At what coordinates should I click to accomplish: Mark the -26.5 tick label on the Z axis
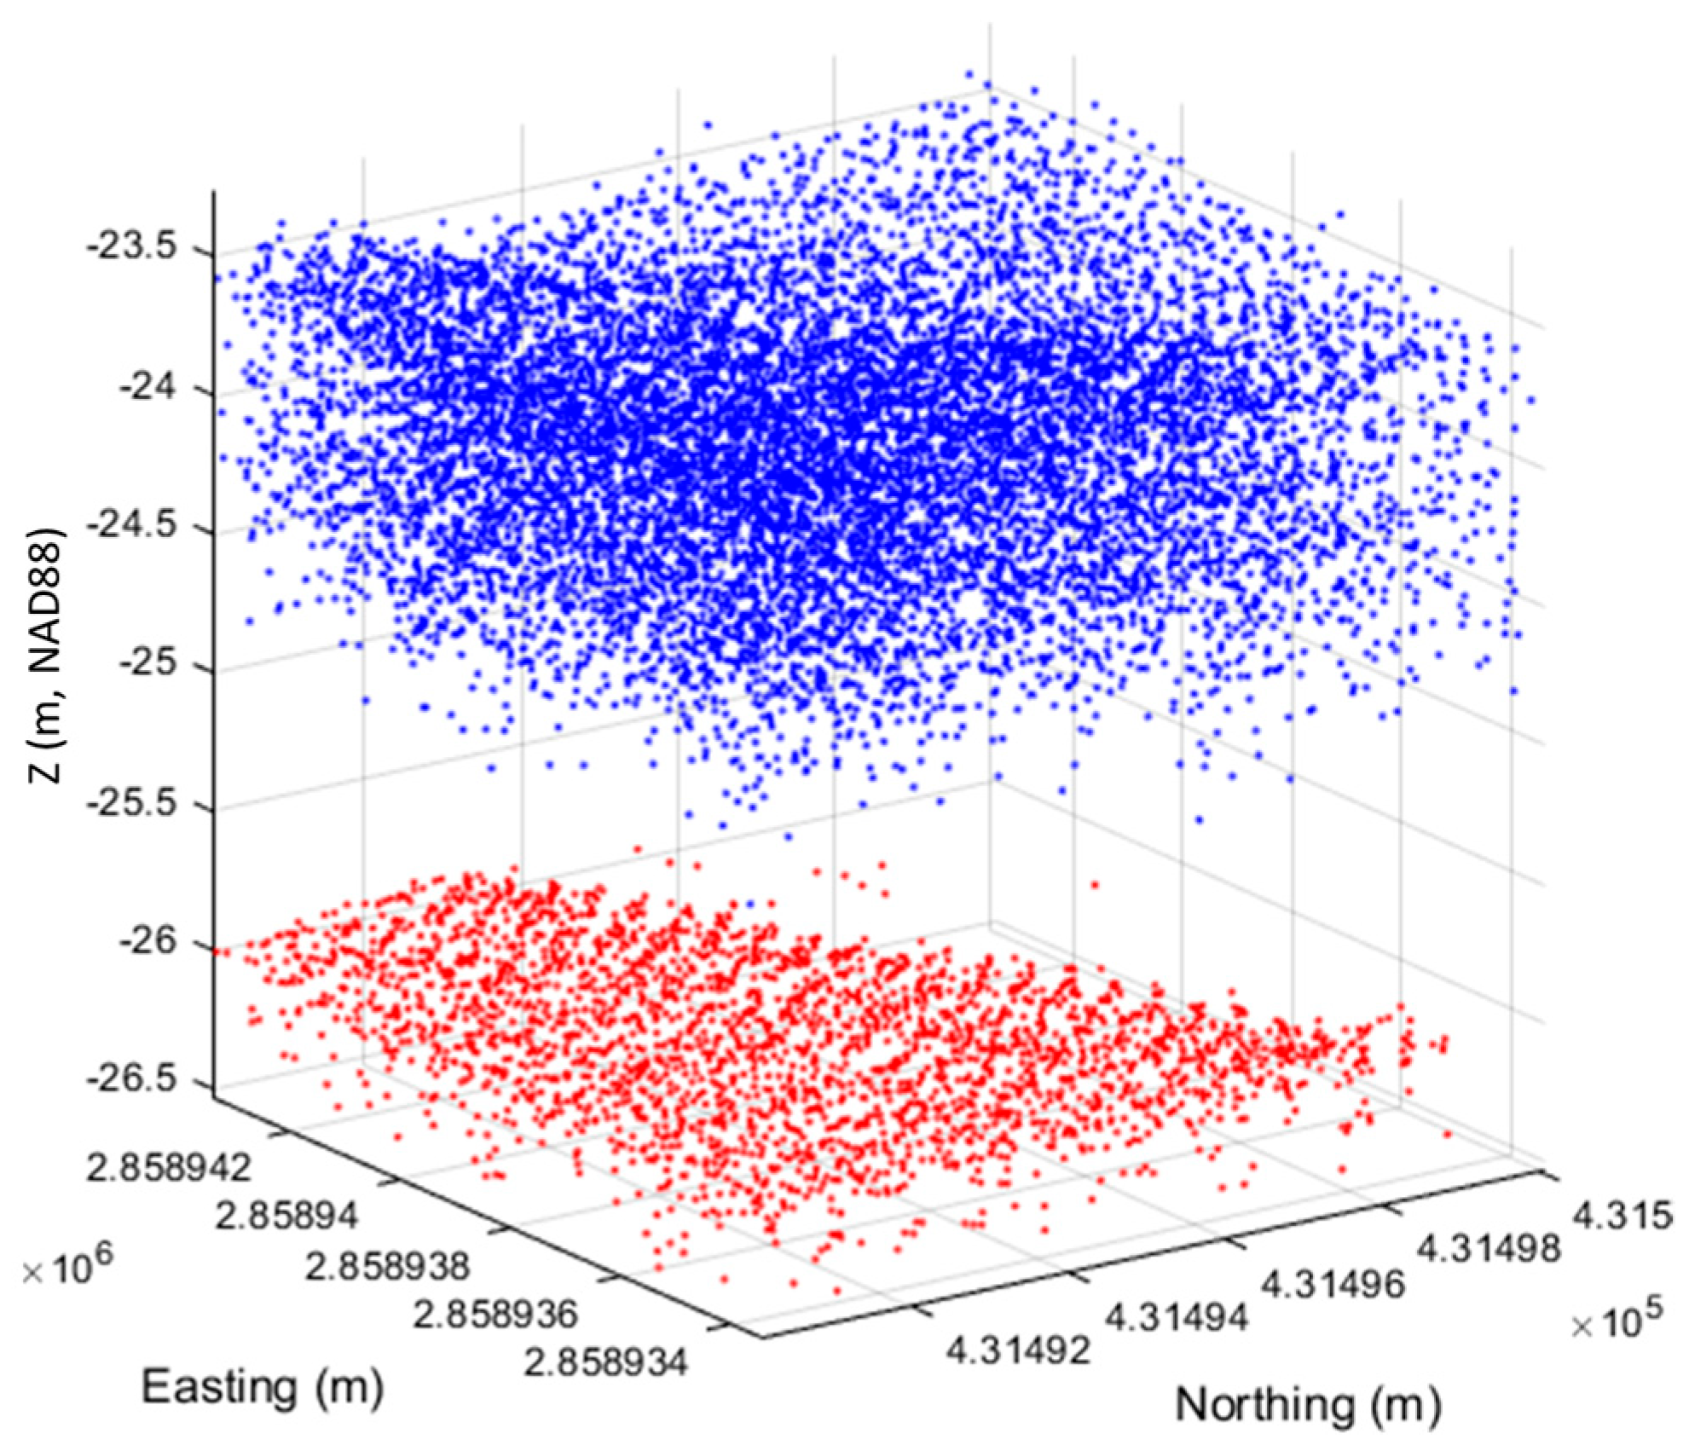point(141,1082)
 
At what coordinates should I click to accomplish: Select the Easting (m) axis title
point(262,1388)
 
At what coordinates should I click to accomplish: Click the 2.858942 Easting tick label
point(169,1169)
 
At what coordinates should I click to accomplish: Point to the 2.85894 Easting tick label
point(286,1217)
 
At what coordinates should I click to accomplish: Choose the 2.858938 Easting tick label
point(387,1265)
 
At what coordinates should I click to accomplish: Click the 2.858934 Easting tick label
point(605,1364)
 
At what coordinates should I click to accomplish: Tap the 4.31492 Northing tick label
point(1018,1351)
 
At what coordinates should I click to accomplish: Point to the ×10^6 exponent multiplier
point(65,1270)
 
